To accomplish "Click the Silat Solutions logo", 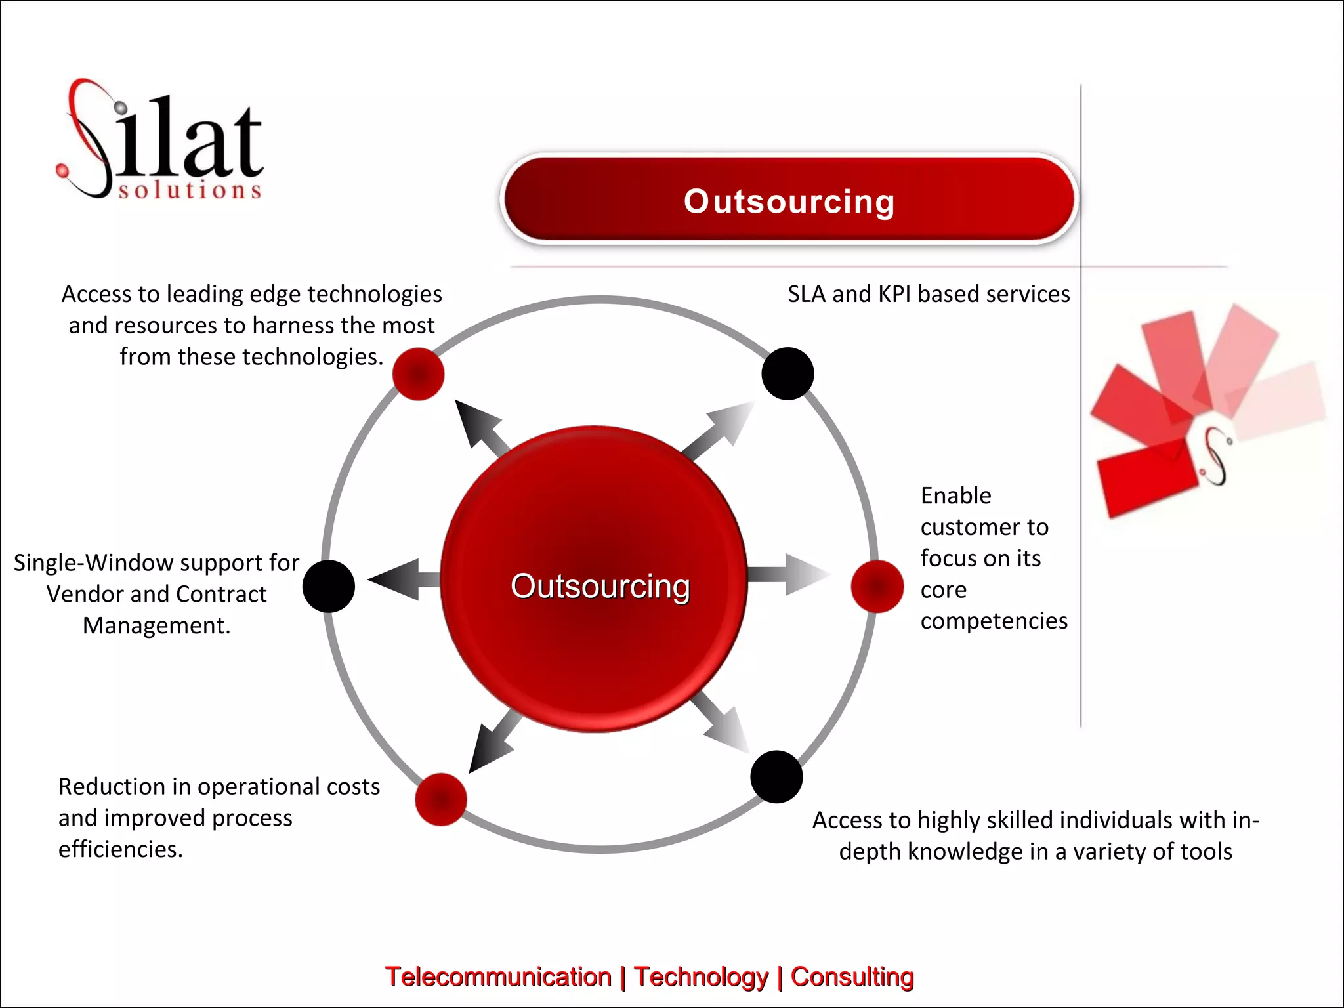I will (x=161, y=141).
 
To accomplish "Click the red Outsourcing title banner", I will (x=789, y=200).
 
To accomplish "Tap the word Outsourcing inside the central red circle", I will (x=600, y=586).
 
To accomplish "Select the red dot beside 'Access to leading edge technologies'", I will (x=419, y=374).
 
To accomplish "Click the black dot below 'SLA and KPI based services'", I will (x=787, y=374).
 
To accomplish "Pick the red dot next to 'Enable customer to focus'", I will (x=877, y=586).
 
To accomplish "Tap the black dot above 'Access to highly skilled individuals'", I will (x=776, y=777).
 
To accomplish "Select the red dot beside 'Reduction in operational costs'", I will (x=441, y=799).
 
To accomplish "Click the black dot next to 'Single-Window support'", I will (x=329, y=586).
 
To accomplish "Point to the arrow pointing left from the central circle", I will (x=402, y=579).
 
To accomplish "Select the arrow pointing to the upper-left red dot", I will (x=479, y=425).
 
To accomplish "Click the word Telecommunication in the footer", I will (x=498, y=976).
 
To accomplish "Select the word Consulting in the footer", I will (x=852, y=976).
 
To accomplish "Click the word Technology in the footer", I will (x=701, y=976).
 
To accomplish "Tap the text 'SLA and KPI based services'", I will (x=929, y=294).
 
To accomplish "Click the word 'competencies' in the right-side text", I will (x=994, y=621).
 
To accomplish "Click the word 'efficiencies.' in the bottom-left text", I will (x=121, y=849).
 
